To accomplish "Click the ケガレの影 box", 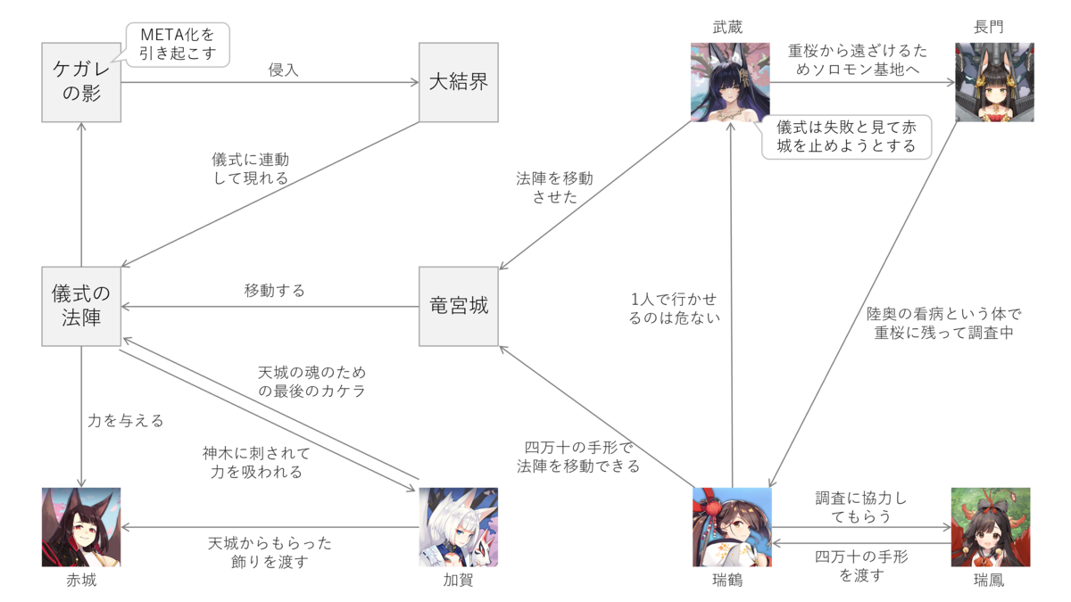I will (x=81, y=83).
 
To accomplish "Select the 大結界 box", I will (x=459, y=83).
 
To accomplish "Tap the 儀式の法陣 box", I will (x=81, y=306).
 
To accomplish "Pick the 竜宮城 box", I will (x=459, y=306).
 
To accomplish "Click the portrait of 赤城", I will (x=81, y=526).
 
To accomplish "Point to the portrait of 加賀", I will (x=459, y=526).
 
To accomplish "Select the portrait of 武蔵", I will (x=730, y=82).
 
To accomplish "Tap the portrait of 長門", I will (x=994, y=82).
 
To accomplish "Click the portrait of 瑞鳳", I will (x=991, y=526).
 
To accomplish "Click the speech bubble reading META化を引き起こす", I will (x=178, y=44).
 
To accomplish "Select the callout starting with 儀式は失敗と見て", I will (x=846, y=136).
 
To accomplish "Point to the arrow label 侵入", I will (x=283, y=70).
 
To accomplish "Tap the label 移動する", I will (x=274, y=290).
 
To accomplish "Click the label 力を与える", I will (x=126, y=420).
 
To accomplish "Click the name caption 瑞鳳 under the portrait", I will (x=991, y=581).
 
